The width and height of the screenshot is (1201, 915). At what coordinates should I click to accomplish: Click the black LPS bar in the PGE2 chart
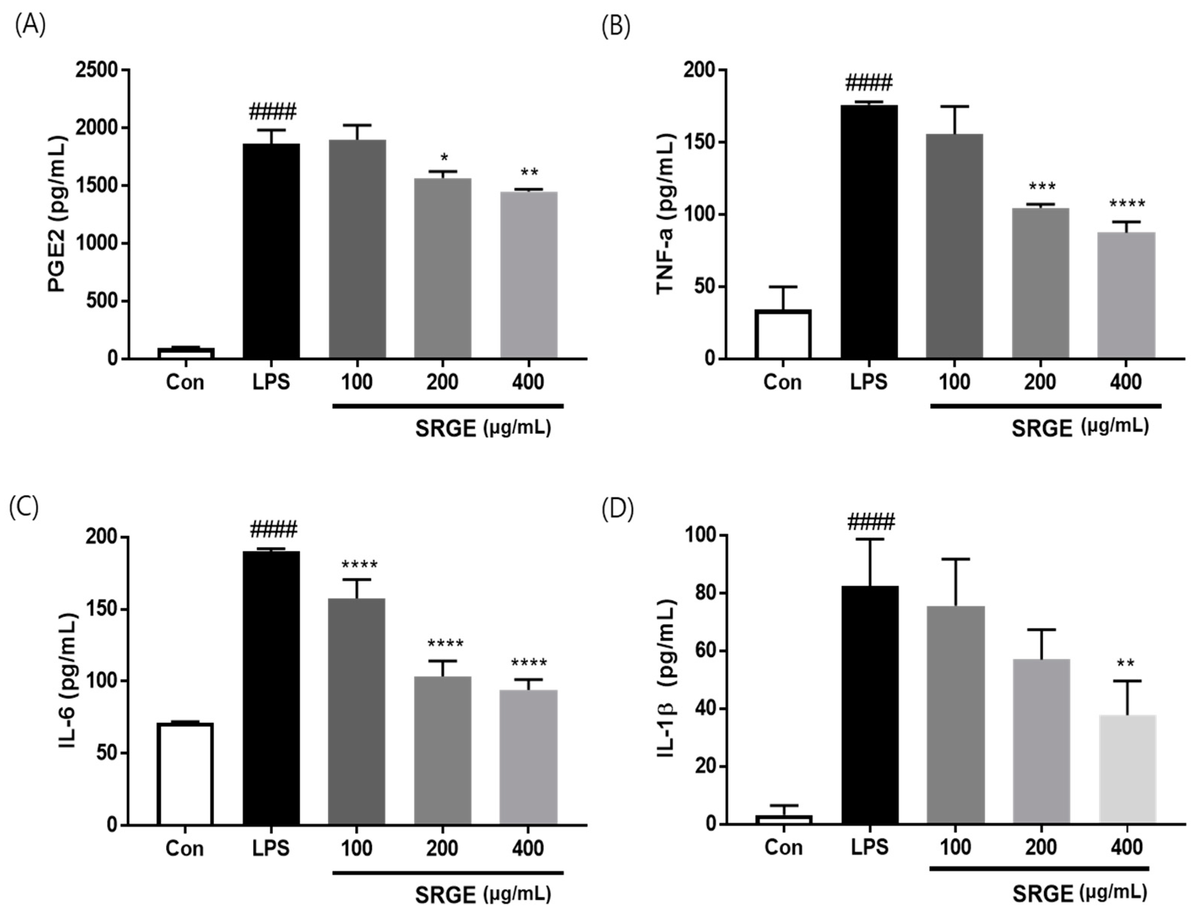point(271,250)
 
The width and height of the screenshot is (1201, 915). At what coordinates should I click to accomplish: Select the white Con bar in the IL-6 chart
point(185,774)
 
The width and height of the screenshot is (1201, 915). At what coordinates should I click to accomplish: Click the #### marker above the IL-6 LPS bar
point(274,529)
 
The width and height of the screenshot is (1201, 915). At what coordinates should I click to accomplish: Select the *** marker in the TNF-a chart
point(1042,187)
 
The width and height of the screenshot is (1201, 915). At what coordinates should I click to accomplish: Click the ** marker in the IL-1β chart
point(1125,664)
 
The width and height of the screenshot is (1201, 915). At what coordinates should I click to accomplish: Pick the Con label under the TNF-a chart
point(783,382)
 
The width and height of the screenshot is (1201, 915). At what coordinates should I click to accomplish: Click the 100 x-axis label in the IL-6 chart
point(357,848)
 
